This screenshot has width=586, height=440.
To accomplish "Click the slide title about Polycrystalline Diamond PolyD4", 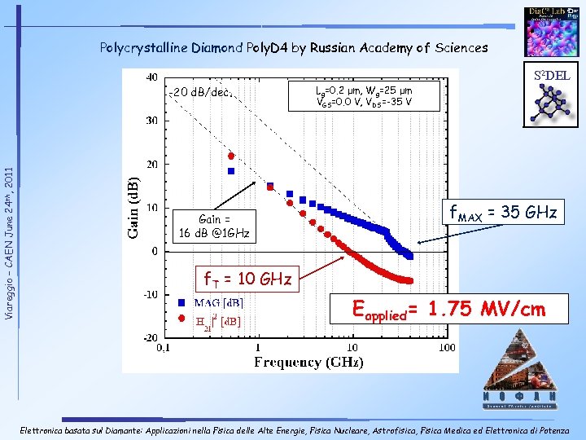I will [x=293, y=47].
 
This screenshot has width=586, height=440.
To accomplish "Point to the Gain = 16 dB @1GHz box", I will [x=215, y=227].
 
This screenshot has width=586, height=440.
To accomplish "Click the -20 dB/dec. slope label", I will [x=203, y=91].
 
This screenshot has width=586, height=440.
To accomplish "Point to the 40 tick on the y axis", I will [x=151, y=77].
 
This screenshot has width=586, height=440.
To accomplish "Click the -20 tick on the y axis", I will [x=150, y=337].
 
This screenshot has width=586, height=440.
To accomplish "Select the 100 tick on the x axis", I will [x=445, y=348].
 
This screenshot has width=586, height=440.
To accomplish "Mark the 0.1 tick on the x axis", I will [x=163, y=348].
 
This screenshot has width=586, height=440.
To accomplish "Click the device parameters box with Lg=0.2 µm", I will [x=364, y=95].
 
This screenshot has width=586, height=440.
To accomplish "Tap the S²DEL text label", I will [x=552, y=76].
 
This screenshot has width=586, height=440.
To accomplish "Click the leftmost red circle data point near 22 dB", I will [x=231, y=155].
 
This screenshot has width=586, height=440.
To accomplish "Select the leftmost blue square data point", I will [x=231, y=171].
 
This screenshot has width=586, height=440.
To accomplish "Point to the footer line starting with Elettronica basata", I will [x=293, y=429].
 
